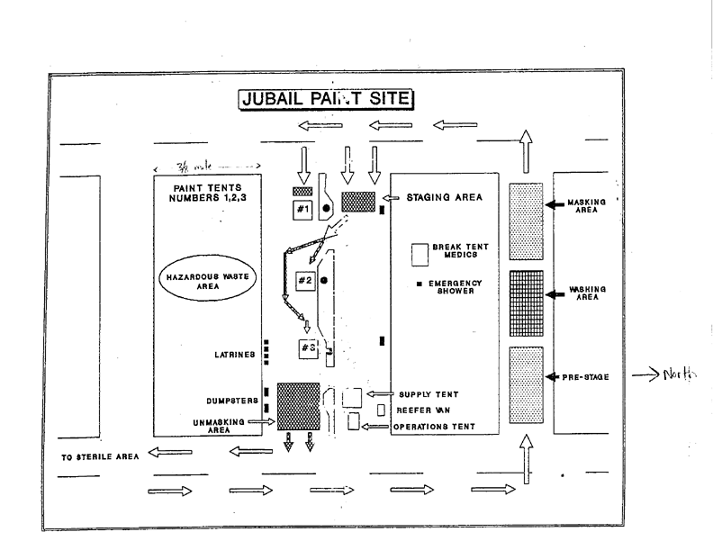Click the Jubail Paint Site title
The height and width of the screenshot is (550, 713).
click(x=325, y=98)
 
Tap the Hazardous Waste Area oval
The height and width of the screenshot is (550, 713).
click(x=205, y=280)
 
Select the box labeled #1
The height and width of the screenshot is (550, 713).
click(x=302, y=210)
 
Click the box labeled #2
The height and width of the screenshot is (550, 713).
click(x=305, y=281)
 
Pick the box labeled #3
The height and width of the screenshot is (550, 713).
click(x=309, y=348)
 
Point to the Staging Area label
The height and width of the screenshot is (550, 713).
click(x=439, y=197)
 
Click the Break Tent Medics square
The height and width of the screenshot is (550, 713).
click(x=420, y=254)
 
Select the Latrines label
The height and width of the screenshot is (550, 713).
click(x=235, y=355)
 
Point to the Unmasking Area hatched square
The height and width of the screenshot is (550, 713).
click(x=299, y=406)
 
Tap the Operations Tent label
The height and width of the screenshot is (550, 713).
click(x=433, y=427)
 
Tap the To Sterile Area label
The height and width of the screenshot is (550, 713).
click(x=100, y=456)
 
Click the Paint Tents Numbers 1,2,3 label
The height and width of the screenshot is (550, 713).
click(x=206, y=194)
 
